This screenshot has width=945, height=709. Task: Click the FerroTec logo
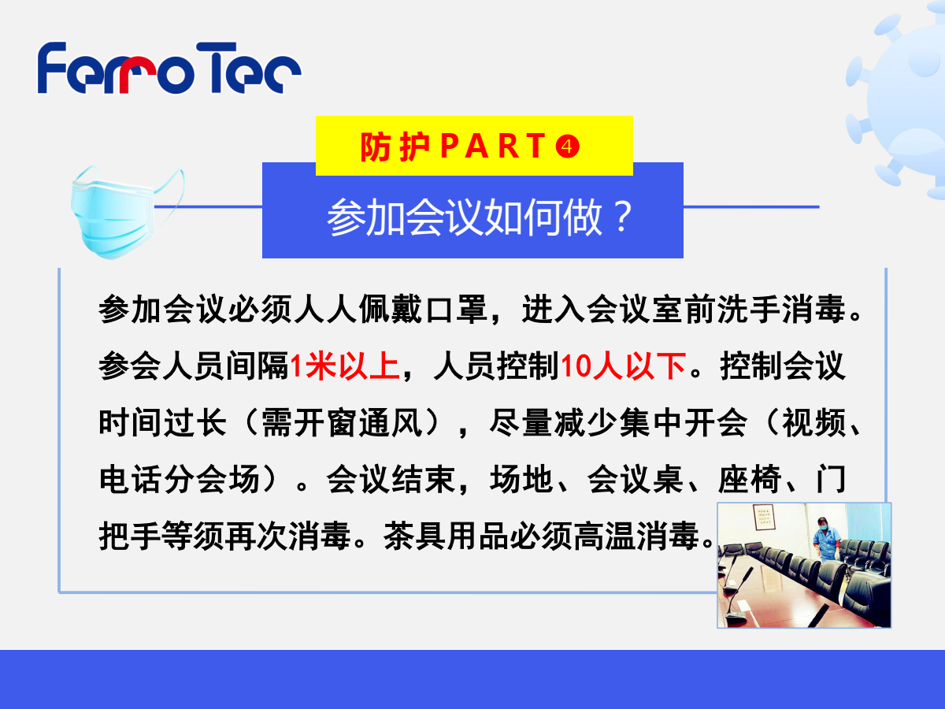[169, 68]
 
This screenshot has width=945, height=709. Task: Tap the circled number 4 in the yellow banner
[567, 147]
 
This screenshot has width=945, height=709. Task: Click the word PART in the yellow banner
[493, 147]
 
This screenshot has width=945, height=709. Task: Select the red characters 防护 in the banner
[395, 147]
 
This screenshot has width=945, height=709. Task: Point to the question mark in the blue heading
[623, 217]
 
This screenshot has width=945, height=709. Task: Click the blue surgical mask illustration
[127, 212]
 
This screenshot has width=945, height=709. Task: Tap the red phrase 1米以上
[344, 366]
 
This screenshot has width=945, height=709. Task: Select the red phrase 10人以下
[623, 366]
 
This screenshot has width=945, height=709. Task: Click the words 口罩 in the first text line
[457, 310]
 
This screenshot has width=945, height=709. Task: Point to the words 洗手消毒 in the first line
[781, 310]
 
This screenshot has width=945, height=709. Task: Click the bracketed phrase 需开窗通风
[342, 423]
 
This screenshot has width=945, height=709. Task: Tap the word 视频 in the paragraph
[813, 423]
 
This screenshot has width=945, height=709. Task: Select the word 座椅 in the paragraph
[750, 479]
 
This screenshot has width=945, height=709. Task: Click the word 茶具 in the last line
[414, 536]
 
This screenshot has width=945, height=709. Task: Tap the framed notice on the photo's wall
[764, 517]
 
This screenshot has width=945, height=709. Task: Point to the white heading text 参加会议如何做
[464, 217]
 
